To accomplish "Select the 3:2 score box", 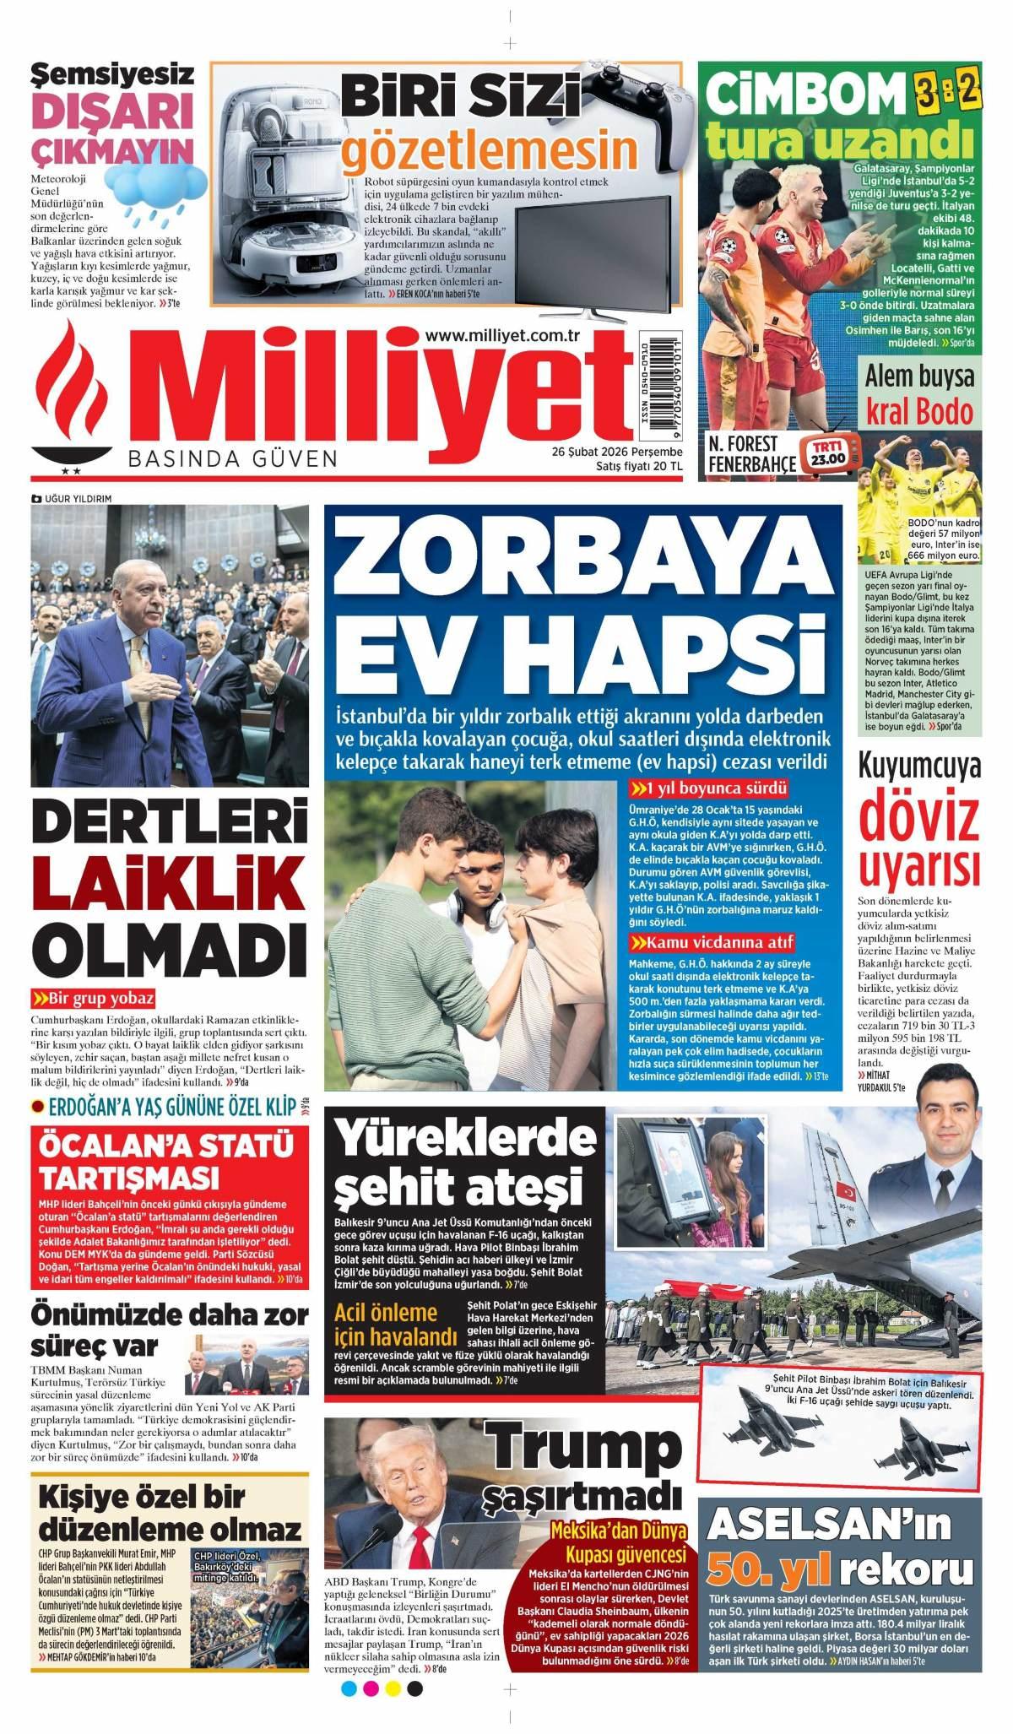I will (946, 91).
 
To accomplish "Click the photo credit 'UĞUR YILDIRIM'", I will (77, 499).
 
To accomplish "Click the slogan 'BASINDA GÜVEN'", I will (232, 458).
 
